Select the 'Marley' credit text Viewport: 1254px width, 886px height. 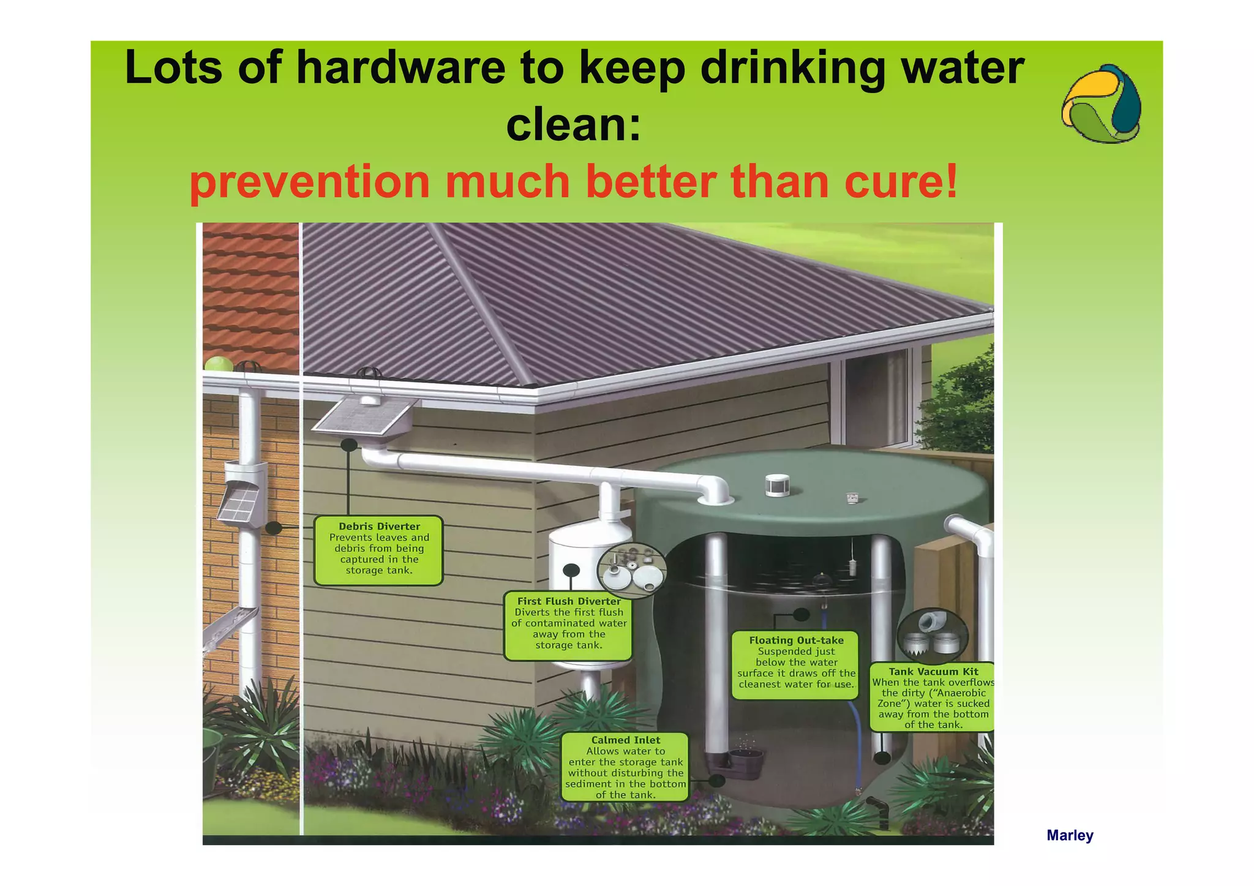[1069, 835]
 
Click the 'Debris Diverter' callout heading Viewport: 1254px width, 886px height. [379, 527]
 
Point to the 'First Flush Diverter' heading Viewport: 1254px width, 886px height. [569, 601]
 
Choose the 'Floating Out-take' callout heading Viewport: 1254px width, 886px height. [796, 640]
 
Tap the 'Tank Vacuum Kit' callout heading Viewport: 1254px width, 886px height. [933, 672]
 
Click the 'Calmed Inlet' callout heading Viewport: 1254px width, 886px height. [625, 740]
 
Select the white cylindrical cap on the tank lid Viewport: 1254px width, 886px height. [776, 485]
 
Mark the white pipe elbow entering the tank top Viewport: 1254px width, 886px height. [713, 490]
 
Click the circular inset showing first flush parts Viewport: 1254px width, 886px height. [631, 570]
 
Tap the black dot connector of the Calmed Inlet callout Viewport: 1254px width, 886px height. [716, 781]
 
